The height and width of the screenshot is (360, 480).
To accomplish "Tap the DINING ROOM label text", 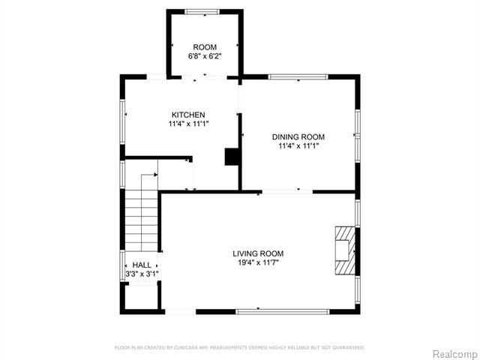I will point(298,136).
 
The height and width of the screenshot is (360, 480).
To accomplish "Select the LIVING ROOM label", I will point(258,253).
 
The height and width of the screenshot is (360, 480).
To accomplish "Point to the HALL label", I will point(141,265).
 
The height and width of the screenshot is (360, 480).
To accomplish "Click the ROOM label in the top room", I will point(205,47).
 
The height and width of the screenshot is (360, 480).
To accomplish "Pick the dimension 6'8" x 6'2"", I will point(205,57).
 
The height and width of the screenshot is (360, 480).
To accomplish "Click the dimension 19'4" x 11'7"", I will point(258,263).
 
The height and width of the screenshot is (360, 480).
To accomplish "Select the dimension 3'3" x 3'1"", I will point(141,274).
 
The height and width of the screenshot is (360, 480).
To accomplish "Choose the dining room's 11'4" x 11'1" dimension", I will point(298,146).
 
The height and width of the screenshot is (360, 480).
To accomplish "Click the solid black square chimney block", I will point(232,156).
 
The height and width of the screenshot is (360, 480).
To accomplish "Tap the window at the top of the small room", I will point(202,10).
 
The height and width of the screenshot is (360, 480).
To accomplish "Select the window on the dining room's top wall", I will point(298,76).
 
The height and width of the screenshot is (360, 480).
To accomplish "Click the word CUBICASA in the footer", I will point(183,348).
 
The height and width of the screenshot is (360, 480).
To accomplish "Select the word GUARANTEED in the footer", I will point(346,348).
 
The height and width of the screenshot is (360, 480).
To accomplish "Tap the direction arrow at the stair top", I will point(154,175).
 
